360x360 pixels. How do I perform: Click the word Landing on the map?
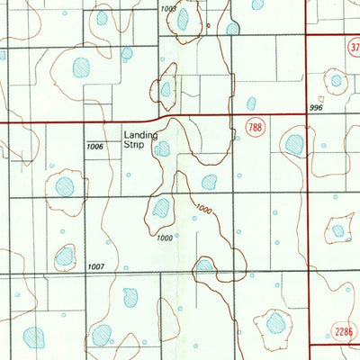pos(140,135)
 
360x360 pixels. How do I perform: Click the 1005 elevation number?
pos(167,9)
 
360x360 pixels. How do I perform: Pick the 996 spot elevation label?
pos(314,107)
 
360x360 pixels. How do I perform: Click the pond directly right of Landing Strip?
pos(162,148)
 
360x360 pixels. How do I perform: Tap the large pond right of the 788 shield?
pos(294,143)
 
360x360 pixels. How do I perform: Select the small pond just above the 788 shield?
pos(251,103)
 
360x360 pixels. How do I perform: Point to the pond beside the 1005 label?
pos(184,20)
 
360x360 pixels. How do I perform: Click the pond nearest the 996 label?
pos(336,81)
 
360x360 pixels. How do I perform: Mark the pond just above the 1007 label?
pos(65,257)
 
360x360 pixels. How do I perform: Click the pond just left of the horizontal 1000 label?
pos(162,209)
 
